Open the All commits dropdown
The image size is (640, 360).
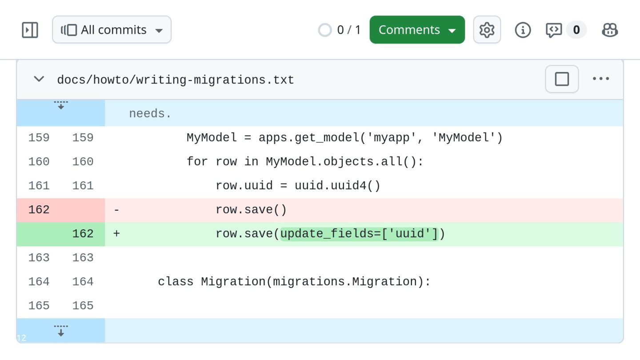(x=112, y=30)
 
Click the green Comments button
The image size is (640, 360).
(x=417, y=30)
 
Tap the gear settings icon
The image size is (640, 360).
(x=487, y=30)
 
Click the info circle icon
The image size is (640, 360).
(x=523, y=30)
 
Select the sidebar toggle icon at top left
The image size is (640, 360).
(x=30, y=30)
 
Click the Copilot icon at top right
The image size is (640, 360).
(x=610, y=30)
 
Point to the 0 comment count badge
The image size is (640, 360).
(x=576, y=30)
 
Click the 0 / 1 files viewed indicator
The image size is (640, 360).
(x=340, y=30)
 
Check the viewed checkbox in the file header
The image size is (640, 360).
(x=562, y=79)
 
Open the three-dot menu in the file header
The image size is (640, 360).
(x=601, y=79)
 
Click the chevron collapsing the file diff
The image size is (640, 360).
(x=39, y=79)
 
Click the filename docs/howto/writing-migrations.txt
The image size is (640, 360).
(x=176, y=80)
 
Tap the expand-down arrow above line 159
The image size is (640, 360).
(x=61, y=105)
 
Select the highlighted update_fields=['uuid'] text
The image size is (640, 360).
(x=359, y=234)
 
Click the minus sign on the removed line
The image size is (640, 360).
(x=116, y=210)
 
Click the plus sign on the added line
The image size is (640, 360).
(x=116, y=234)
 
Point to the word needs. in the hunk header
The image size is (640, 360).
(x=150, y=114)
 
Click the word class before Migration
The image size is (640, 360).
(x=176, y=282)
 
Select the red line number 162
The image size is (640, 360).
(x=39, y=210)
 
